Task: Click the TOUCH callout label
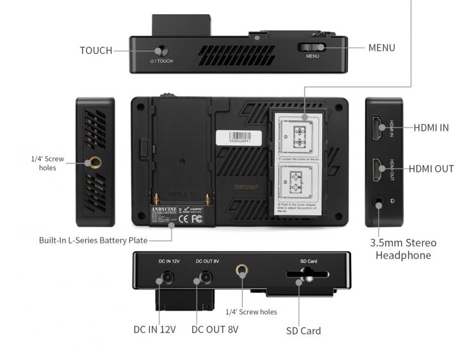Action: tap(96, 50)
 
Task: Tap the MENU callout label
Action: tap(382, 47)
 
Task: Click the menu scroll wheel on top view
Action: tap(313, 47)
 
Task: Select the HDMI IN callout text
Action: tap(431, 127)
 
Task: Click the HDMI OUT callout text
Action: tap(431, 168)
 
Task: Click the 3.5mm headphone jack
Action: tap(379, 201)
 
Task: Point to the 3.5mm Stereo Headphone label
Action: tap(404, 249)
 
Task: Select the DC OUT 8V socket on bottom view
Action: tap(206, 279)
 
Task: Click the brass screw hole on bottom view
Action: tap(241, 272)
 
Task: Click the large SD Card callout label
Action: tap(303, 331)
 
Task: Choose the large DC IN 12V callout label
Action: tap(154, 329)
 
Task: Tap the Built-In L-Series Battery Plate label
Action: tap(93, 240)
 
